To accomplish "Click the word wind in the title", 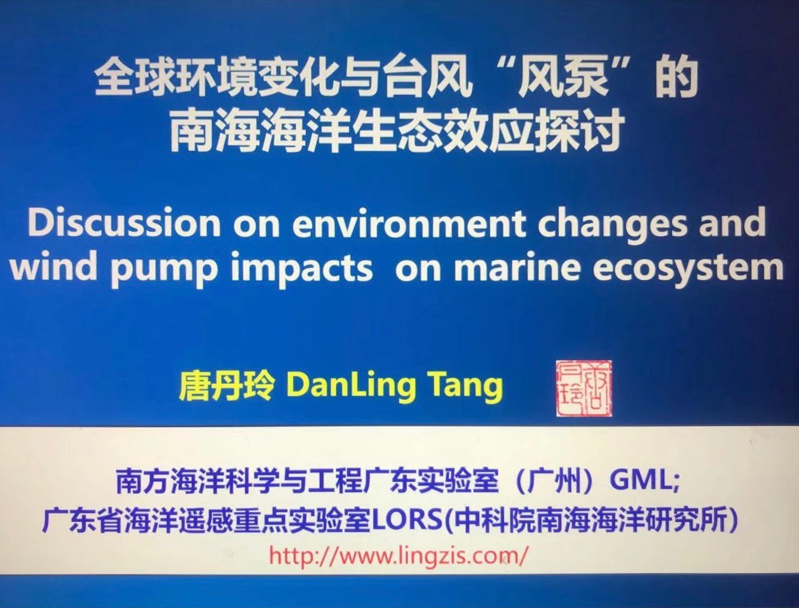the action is click(54, 265).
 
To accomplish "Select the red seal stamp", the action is click(584, 389).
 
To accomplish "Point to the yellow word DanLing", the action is click(351, 388).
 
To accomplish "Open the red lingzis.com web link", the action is click(398, 556).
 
